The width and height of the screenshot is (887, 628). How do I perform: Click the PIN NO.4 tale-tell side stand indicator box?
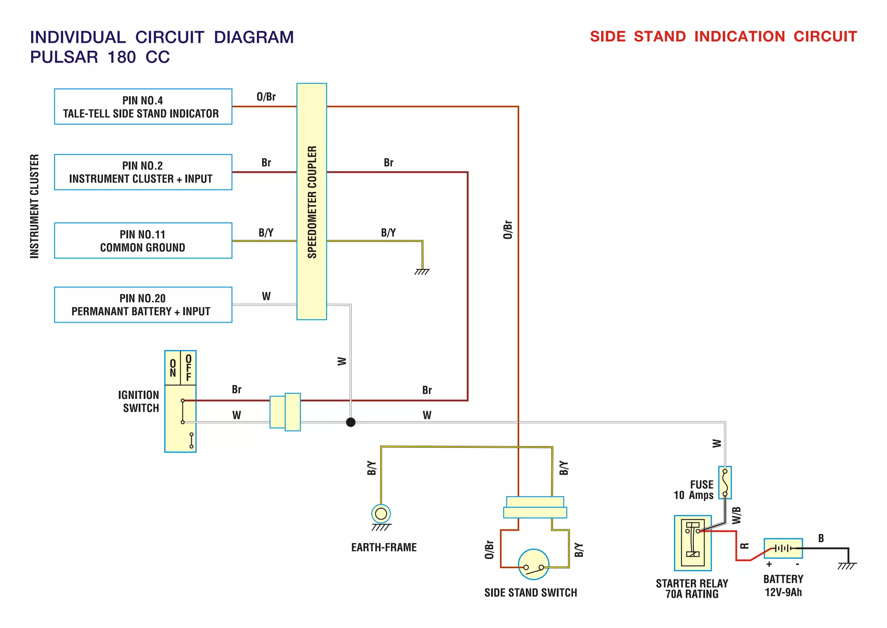(x=143, y=107)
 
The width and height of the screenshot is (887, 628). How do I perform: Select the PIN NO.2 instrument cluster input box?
(x=143, y=172)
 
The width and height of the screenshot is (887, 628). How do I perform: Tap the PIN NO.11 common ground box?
(x=143, y=240)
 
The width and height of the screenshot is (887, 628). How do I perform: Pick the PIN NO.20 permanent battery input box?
(x=143, y=304)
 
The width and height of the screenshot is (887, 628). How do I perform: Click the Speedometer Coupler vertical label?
(x=312, y=202)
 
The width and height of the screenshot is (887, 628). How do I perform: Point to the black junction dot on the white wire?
(x=351, y=422)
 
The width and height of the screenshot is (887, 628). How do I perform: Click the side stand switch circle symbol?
(x=534, y=564)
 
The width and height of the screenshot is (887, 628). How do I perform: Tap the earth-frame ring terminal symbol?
(x=381, y=514)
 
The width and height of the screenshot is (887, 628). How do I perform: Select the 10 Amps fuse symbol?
(x=725, y=482)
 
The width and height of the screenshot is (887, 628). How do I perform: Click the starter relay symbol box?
(x=693, y=543)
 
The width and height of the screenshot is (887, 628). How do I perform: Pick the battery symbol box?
(x=783, y=548)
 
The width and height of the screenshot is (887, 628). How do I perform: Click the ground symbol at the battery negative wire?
(x=847, y=566)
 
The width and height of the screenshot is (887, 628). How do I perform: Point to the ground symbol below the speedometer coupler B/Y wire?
(x=422, y=272)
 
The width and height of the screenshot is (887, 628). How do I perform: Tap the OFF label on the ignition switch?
(x=188, y=368)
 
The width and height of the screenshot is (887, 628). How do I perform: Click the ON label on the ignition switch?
(x=173, y=368)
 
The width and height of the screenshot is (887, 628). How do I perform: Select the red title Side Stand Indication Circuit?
(x=723, y=36)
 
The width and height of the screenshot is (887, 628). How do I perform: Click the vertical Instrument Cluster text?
(x=35, y=206)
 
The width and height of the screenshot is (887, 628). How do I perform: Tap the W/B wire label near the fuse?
(x=736, y=515)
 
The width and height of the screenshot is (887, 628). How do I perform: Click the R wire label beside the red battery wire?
(x=745, y=546)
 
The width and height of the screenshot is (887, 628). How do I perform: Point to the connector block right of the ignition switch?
(x=285, y=412)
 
